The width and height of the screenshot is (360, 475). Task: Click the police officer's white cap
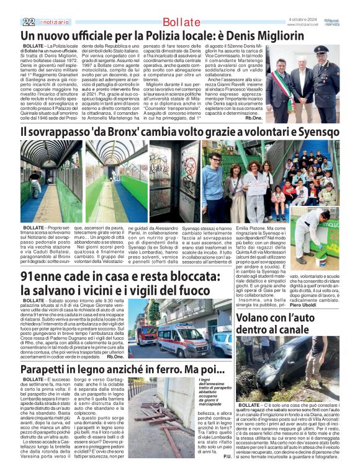click(321, 48)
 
